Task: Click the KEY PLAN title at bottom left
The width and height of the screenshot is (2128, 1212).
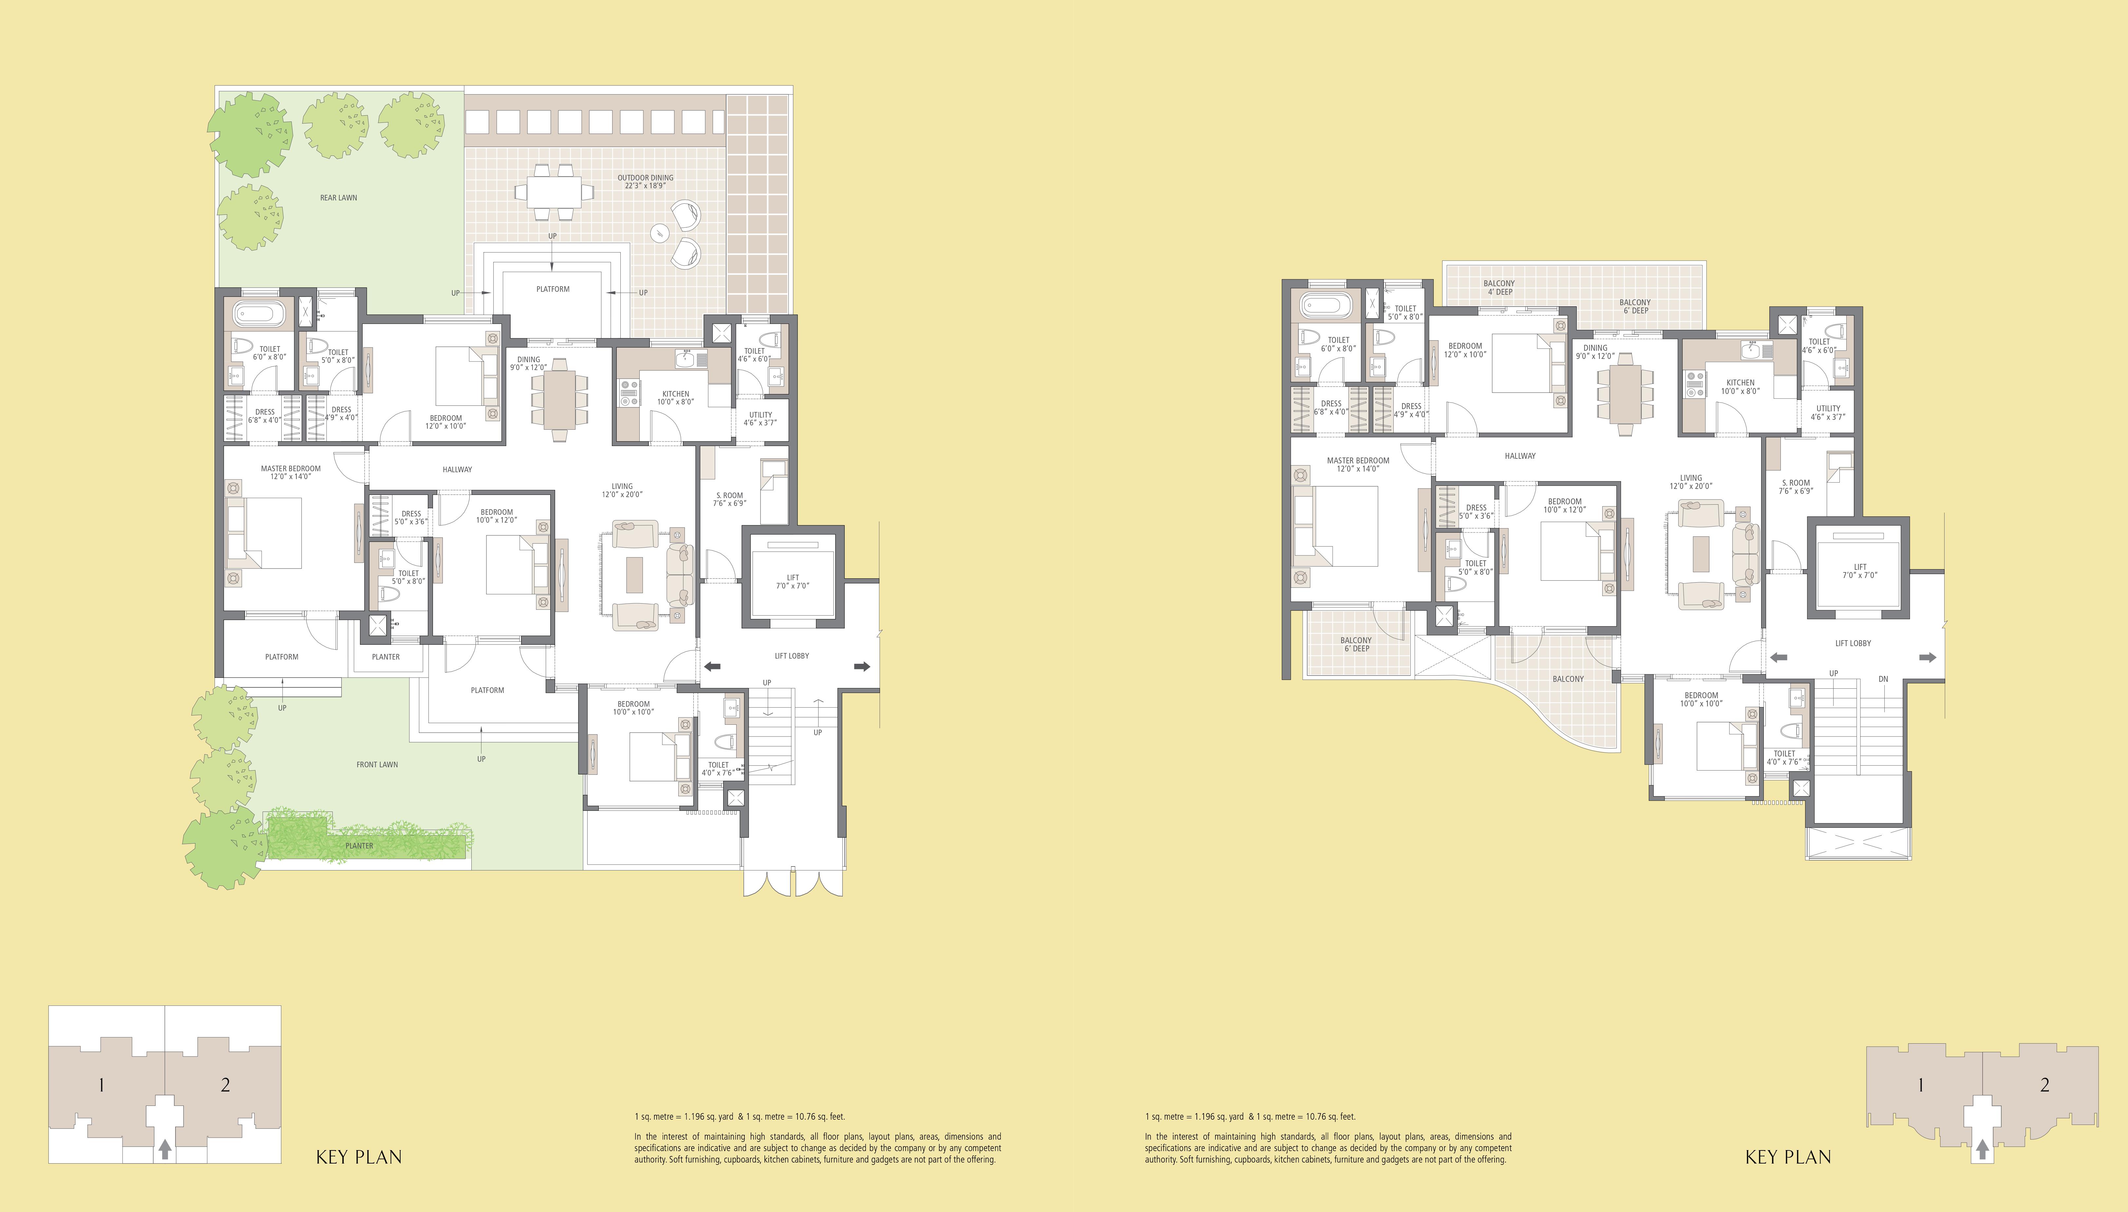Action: click(359, 1157)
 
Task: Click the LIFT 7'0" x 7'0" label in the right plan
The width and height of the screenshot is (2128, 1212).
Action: click(1859, 571)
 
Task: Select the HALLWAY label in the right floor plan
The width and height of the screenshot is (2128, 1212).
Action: click(1519, 456)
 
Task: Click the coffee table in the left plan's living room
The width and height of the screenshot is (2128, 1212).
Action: click(634, 574)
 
